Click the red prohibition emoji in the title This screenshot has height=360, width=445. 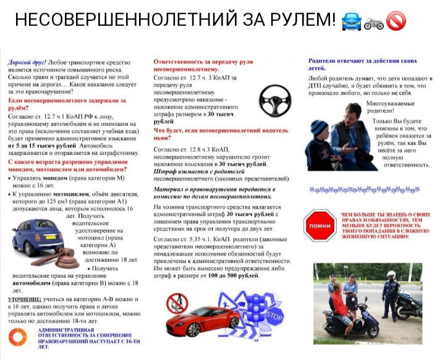click(396, 21)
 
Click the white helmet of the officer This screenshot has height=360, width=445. click(391, 274)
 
